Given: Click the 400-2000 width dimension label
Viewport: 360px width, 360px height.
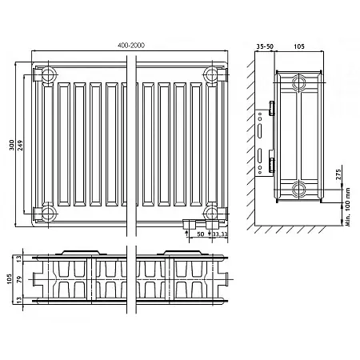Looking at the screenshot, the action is coord(131,46).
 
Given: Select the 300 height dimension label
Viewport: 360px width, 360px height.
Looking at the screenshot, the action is coord(11,145).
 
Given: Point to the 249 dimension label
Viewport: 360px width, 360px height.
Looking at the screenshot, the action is coord(20,146).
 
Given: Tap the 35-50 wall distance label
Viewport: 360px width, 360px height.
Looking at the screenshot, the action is coord(265,46).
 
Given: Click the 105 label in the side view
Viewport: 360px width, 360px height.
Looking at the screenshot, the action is coord(299,46).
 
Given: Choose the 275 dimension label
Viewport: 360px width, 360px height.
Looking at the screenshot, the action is coord(338,174).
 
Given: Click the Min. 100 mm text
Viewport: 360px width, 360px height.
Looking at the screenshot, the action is coord(348,207).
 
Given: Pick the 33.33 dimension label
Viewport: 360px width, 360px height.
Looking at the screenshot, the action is coord(220,234).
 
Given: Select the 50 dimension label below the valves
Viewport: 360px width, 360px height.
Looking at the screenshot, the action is coord(201,234).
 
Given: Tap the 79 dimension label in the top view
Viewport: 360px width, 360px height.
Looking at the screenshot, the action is coord(19,279).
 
